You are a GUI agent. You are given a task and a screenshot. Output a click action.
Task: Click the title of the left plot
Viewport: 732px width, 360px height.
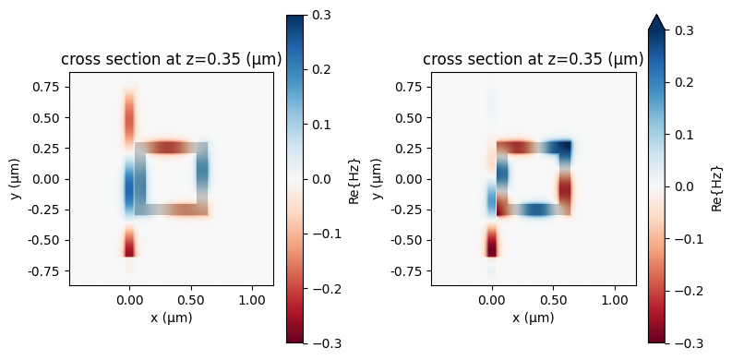point(172,60)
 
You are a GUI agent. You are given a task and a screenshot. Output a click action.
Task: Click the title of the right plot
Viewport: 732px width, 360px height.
point(534,60)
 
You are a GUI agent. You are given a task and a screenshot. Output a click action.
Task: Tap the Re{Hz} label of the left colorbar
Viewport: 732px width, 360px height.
point(355,179)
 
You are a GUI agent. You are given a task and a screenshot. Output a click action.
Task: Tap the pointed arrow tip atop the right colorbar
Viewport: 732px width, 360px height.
point(657,20)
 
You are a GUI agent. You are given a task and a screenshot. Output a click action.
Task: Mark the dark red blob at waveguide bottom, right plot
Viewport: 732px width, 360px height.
point(491,246)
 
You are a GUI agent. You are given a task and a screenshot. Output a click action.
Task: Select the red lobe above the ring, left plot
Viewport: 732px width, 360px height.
point(129,115)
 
